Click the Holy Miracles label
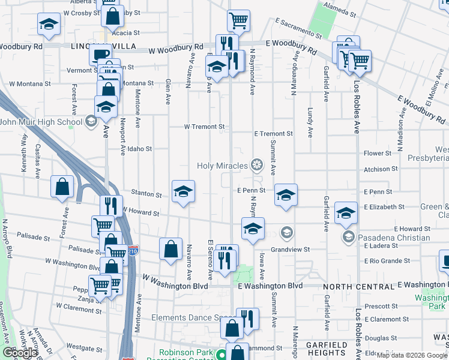(x=223, y=166)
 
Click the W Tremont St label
(x=204, y=127)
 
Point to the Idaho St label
(x=139, y=149)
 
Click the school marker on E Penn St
(x=286, y=194)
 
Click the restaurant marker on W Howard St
(x=111, y=206)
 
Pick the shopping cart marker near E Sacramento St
(x=238, y=20)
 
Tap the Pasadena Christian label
(x=394, y=238)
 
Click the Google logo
(x=20, y=353)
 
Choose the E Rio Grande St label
(x=387, y=261)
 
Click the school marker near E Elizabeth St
(x=346, y=212)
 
